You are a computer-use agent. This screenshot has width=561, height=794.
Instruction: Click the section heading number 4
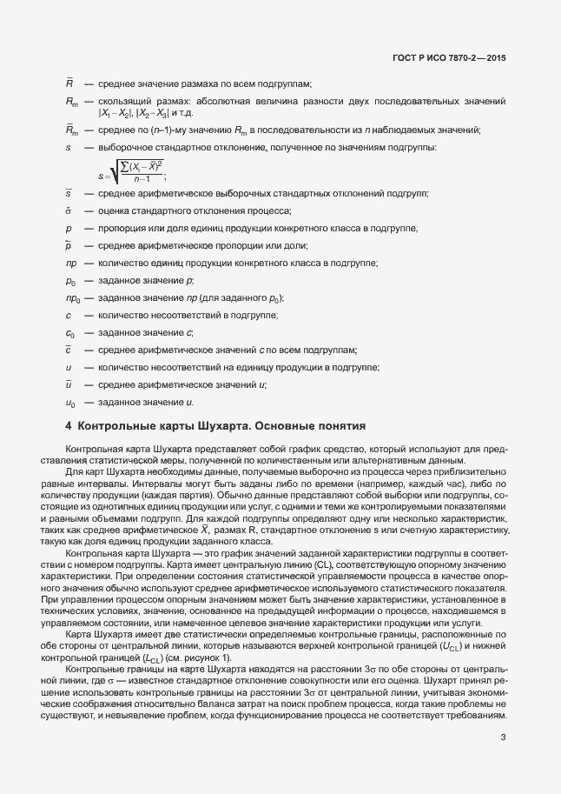(69, 426)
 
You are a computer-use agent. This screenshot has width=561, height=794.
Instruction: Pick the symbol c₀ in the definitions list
(69, 333)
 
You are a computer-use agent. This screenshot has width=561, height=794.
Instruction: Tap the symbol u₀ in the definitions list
(69, 403)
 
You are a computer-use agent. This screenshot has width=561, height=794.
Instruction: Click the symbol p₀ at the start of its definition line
(69, 281)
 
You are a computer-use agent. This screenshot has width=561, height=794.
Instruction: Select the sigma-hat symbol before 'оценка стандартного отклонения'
(68, 211)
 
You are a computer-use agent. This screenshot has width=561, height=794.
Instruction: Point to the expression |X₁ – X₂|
(115, 114)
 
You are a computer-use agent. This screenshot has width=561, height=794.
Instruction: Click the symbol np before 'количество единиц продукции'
(70, 264)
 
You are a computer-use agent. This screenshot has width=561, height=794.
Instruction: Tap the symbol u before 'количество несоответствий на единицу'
(68, 368)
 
